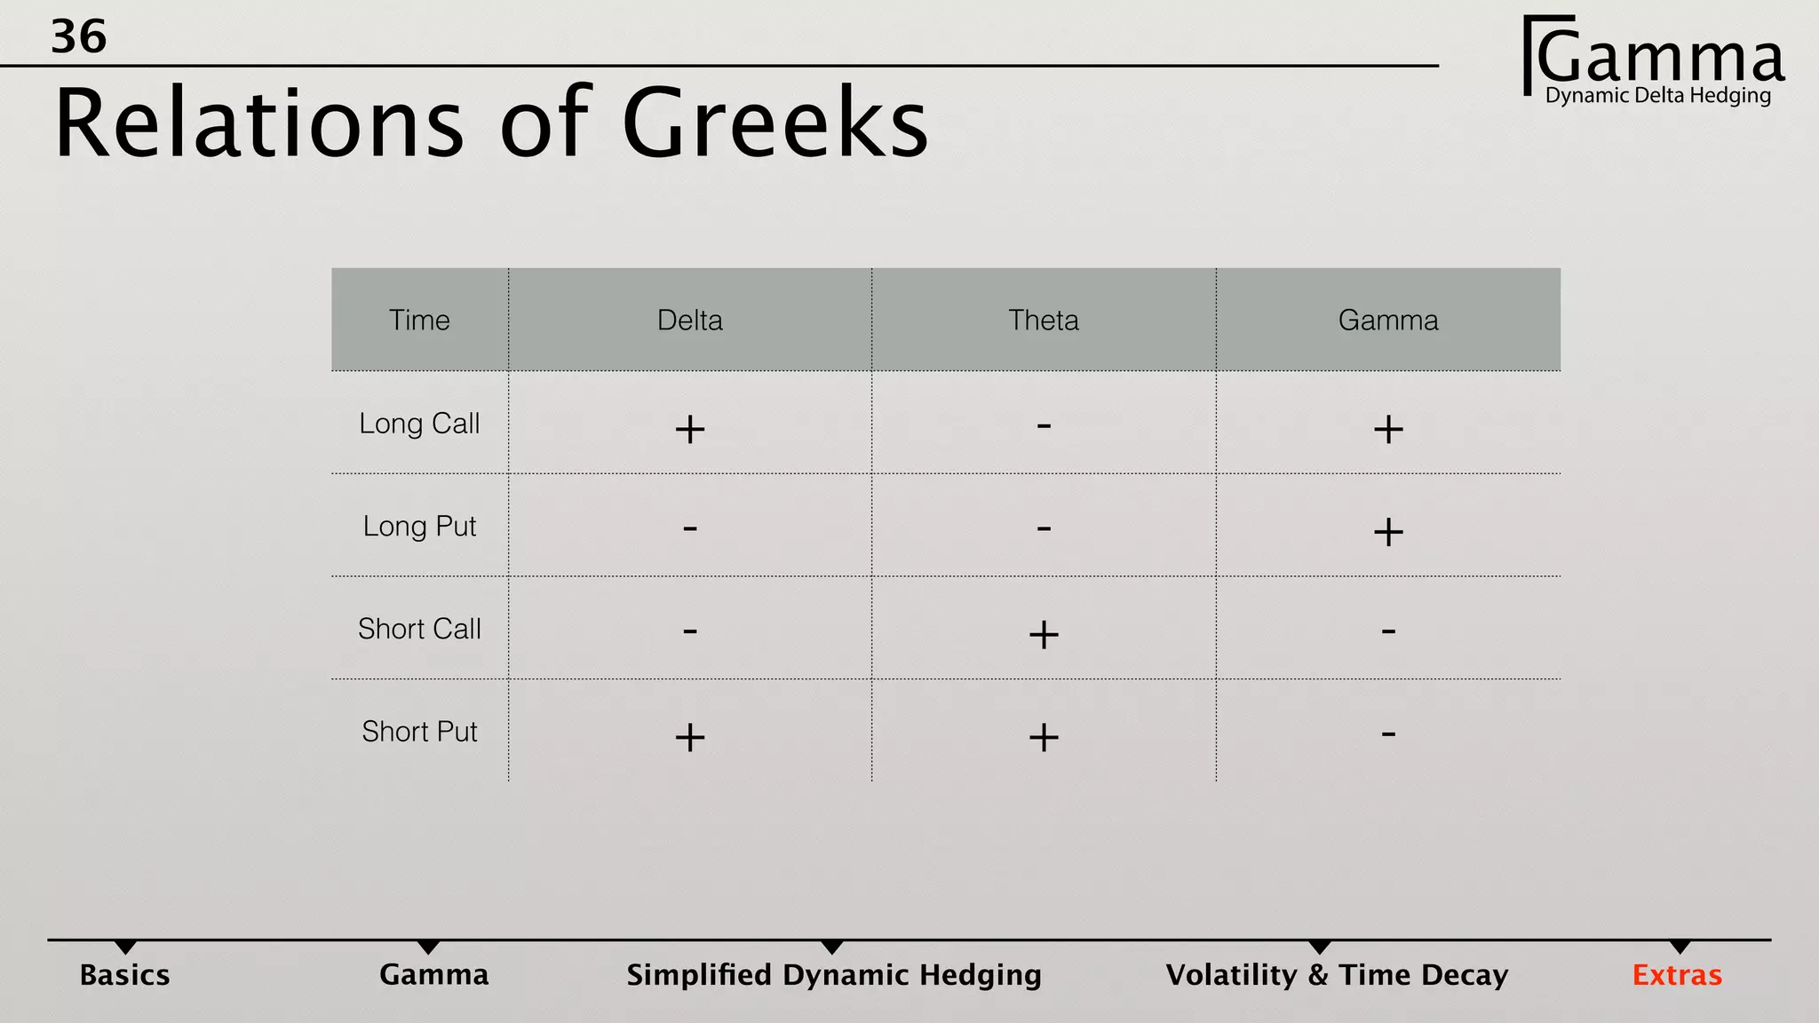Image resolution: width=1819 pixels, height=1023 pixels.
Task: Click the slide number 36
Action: click(78, 37)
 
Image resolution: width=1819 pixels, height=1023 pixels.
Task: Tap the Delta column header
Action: click(690, 320)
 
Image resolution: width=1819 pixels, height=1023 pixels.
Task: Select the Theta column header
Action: click(1044, 320)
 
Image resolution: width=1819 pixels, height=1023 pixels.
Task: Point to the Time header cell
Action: click(419, 320)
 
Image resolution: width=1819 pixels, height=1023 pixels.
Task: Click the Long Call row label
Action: click(419, 424)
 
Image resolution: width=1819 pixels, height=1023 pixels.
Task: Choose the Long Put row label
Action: click(419, 527)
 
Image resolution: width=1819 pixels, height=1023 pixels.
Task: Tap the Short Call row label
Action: click(419, 629)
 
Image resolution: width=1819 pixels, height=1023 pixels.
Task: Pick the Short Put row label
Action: click(419, 732)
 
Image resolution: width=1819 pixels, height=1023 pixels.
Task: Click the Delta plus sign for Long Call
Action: click(690, 430)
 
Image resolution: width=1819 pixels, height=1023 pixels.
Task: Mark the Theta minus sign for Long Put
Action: click(1044, 529)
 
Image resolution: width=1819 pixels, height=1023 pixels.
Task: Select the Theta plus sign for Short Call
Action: click(1044, 635)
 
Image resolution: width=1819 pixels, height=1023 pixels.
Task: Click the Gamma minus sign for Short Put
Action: click(1388, 734)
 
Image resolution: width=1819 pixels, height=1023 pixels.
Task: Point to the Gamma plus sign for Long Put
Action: click(1388, 533)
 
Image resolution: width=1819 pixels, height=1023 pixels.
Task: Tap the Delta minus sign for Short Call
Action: click(690, 631)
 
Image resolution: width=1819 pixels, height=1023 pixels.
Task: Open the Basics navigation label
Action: click(124, 975)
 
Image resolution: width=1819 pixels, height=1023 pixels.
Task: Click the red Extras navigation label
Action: click(1677, 975)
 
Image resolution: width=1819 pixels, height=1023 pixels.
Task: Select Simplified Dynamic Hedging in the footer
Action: click(834, 975)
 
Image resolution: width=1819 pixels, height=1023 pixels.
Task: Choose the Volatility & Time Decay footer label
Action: click(1337, 975)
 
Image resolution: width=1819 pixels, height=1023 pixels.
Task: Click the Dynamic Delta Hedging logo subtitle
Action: click(1658, 96)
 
